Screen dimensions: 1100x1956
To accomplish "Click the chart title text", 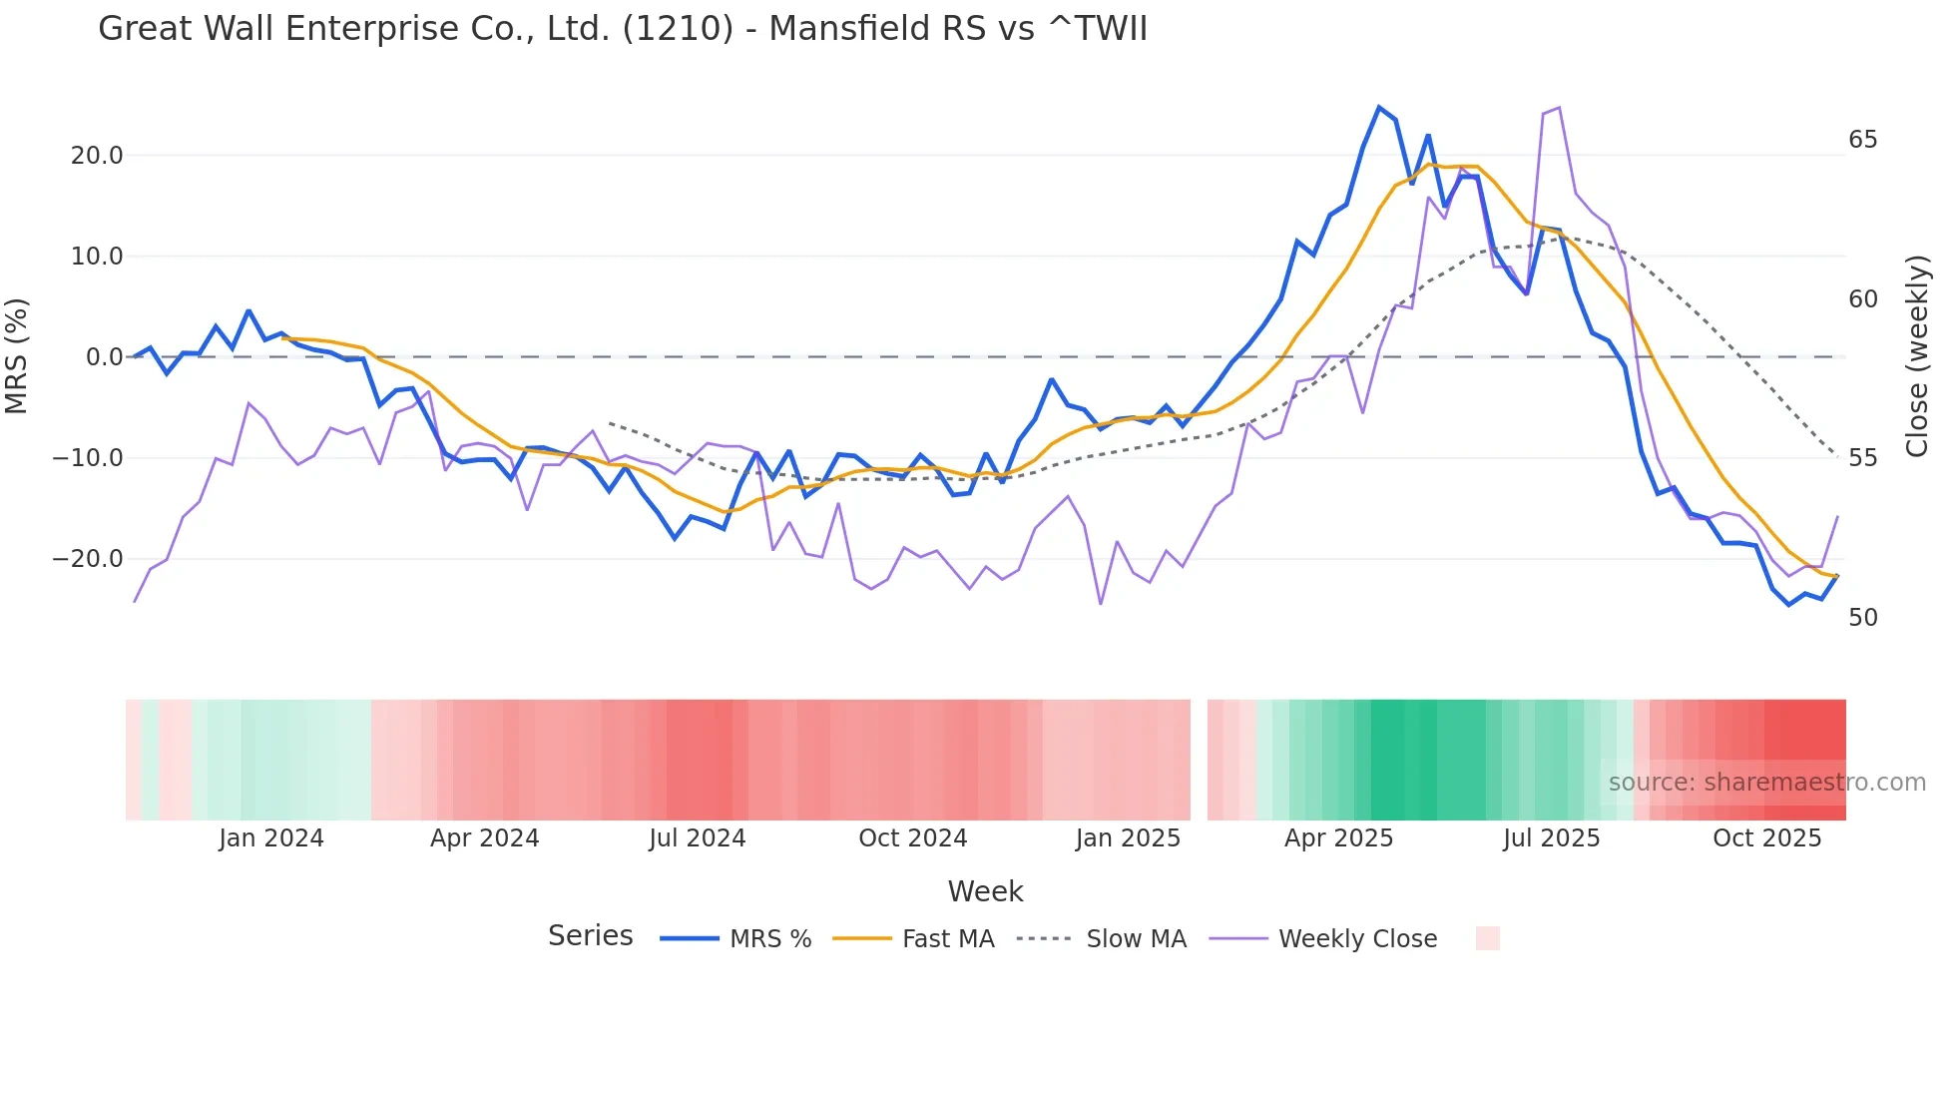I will pyautogui.click(x=623, y=29).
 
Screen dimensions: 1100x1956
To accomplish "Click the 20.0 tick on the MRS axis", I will pyautogui.click(x=97, y=156).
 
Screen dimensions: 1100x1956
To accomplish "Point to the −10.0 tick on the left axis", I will pyautogui.click(x=88, y=458).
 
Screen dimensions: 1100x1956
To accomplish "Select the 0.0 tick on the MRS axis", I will pyautogui.click(x=104, y=357).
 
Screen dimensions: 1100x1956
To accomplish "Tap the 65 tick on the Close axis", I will pyautogui.click(x=1862, y=140).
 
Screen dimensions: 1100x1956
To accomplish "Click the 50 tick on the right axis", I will pyautogui.click(x=1862, y=618).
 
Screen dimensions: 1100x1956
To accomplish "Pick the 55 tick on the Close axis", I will pyautogui.click(x=1862, y=458).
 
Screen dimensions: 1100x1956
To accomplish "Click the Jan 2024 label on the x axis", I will pyautogui.click(x=271, y=838).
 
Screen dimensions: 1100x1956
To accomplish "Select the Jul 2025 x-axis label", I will pyautogui.click(x=1551, y=838).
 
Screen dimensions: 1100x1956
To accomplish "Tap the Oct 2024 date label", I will pyautogui.click(x=912, y=838).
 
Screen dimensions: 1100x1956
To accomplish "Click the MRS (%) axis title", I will pyautogui.click(x=17, y=356).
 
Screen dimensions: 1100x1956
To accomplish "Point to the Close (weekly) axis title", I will pyautogui.click(x=1916, y=356).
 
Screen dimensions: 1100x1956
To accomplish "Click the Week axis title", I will pyautogui.click(x=985, y=891).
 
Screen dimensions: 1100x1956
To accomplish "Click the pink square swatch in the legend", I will pyautogui.click(x=1487, y=938).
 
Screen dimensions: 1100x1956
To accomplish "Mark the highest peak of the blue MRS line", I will pyautogui.click(x=1379, y=108).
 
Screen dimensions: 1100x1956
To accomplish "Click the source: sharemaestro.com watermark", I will pyautogui.click(x=1766, y=783).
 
